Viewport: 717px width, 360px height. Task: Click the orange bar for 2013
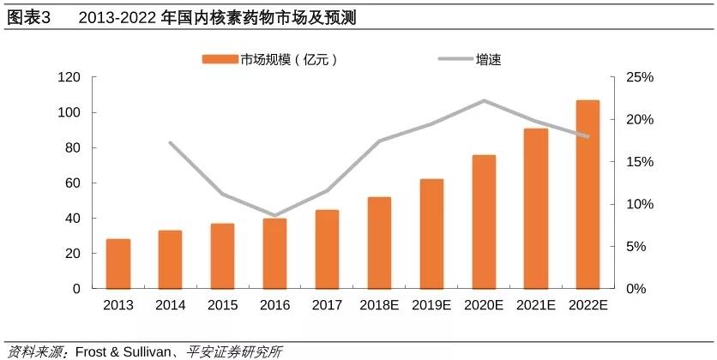pyautogui.click(x=118, y=264)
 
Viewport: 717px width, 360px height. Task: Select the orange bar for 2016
pyautogui.click(x=274, y=254)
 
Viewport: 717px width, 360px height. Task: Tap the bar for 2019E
pyautogui.click(x=431, y=234)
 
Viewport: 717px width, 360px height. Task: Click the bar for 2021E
pyautogui.click(x=536, y=208)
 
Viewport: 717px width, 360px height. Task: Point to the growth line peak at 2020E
pyautogui.click(x=484, y=100)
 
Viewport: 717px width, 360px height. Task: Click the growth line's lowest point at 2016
pyautogui.click(x=274, y=216)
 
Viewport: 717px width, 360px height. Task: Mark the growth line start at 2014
pyautogui.click(x=171, y=142)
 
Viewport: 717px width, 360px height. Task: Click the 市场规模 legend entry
pyautogui.click(x=271, y=59)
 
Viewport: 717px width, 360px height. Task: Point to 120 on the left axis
pyautogui.click(x=69, y=77)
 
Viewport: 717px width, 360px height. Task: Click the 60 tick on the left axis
pyautogui.click(x=73, y=183)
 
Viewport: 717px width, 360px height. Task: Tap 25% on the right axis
pyautogui.click(x=639, y=77)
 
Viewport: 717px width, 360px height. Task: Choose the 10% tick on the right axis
pyautogui.click(x=639, y=204)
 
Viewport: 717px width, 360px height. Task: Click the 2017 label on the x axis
pyautogui.click(x=327, y=305)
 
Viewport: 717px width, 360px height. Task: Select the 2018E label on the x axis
pyautogui.click(x=379, y=305)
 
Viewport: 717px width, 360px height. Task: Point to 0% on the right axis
pyautogui.click(x=636, y=289)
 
